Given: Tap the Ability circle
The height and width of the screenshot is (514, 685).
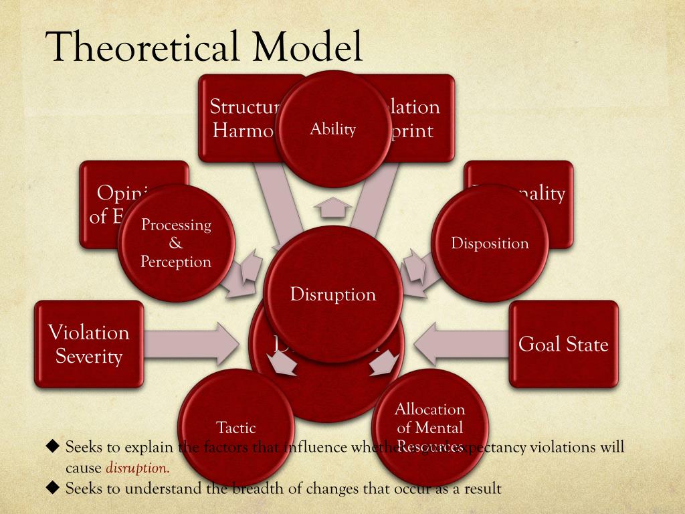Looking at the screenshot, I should pos(332,128).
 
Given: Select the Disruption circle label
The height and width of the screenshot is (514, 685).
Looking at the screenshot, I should pos(333,294).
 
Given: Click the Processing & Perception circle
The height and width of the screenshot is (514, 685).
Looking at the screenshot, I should pos(176,243).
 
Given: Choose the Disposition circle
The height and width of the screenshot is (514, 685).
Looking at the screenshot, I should pos(490,243).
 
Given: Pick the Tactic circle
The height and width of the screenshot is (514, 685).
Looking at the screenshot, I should pos(236,426).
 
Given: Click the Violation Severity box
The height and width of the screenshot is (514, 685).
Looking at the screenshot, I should pos(89,344).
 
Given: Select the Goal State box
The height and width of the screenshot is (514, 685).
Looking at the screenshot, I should pos(563,344).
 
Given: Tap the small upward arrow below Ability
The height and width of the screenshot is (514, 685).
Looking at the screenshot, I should pos(332,209).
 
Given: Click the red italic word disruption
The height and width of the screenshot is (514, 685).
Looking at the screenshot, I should pos(137,467).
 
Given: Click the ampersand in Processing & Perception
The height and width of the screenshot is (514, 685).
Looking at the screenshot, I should pos(176,244).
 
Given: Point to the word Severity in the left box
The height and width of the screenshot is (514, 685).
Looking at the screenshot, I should pos(89,356).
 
